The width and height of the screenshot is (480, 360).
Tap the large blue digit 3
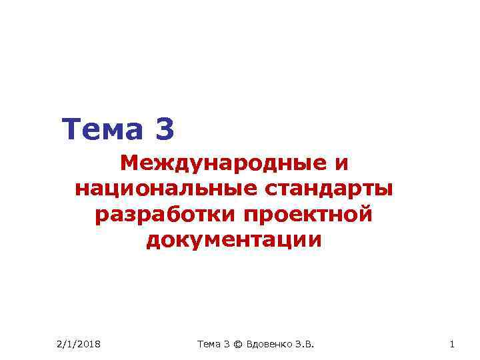(x=163, y=129)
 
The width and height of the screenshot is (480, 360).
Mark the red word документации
(x=233, y=241)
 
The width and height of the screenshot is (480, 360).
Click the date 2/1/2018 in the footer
(x=78, y=344)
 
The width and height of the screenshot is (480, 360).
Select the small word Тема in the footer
(x=209, y=344)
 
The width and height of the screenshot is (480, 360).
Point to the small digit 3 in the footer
(x=227, y=344)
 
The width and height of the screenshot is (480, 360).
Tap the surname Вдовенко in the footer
(x=270, y=344)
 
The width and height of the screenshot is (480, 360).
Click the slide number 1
(x=452, y=344)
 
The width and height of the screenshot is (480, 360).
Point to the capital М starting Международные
(x=129, y=163)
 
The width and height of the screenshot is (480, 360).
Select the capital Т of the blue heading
(x=70, y=129)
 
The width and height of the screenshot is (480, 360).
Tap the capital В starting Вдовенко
(x=249, y=344)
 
